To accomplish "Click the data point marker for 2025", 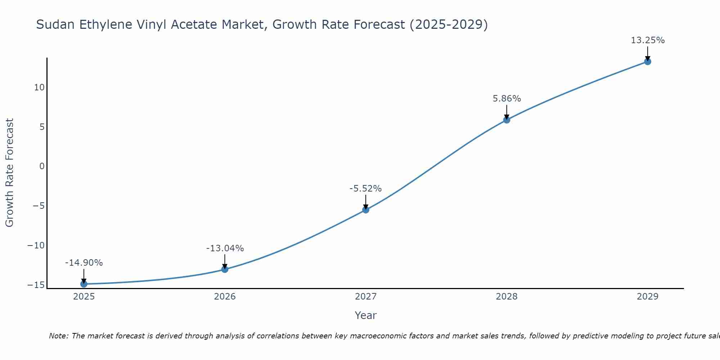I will [x=84, y=284].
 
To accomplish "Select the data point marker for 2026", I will [x=225, y=269].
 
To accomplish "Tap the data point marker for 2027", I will [x=366, y=210].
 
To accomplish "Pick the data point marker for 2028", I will [x=507, y=120].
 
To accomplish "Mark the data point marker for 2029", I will [x=648, y=62].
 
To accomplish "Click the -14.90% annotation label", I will [x=84, y=263].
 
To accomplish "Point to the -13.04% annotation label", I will [x=225, y=248].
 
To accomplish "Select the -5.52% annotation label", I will [x=365, y=189].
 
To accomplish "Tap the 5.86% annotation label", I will [x=507, y=99].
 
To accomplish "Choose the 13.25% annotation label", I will [x=648, y=40].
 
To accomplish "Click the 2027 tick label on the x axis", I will [x=366, y=297].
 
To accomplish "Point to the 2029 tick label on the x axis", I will [x=648, y=297].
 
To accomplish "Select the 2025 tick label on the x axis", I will [x=84, y=297].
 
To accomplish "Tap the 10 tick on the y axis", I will [x=39, y=87].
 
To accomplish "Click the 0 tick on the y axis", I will [x=42, y=166].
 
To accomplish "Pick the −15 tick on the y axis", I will [x=36, y=285].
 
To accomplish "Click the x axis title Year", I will [x=365, y=315].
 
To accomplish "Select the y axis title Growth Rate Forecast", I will [x=10, y=172].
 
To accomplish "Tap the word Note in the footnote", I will [x=58, y=336].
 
